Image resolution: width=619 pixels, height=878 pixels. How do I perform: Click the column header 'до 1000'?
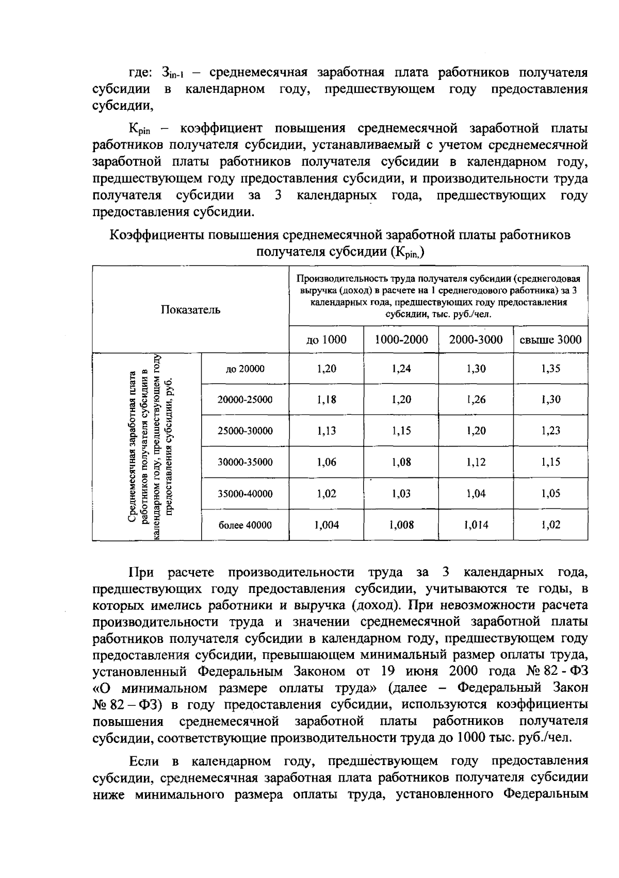[x=326, y=340]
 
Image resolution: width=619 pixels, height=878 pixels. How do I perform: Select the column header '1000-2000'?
[x=401, y=340]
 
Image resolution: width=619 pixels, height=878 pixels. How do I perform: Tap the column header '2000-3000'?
[x=476, y=340]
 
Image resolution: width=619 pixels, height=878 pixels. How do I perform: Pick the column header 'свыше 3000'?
[x=550, y=340]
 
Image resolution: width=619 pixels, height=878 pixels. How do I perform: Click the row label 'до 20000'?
[x=245, y=369]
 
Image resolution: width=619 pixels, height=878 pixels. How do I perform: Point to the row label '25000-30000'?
[x=245, y=431]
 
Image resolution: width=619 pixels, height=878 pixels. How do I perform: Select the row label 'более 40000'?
[x=245, y=525]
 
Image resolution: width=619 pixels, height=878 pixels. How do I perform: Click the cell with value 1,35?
[x=550, y=369]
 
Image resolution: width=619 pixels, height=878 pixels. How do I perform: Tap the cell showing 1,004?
[x=326, y=525]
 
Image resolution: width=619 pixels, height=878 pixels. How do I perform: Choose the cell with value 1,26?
[x=476, y=400]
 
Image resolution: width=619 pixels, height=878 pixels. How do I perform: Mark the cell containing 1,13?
[x=326, y=431]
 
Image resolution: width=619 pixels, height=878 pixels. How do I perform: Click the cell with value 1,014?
[x=476, y=525]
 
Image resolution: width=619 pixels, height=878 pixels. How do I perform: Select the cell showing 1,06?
[x=326, y=462]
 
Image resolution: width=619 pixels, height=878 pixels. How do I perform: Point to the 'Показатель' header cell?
[x=190, y=310]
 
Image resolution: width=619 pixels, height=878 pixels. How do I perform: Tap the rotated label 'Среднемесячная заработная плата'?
[x=133, y=446]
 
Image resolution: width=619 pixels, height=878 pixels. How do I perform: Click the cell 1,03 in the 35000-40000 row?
[x=401, y=494]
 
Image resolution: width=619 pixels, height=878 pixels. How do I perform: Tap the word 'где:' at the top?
[x=139, y=73]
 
